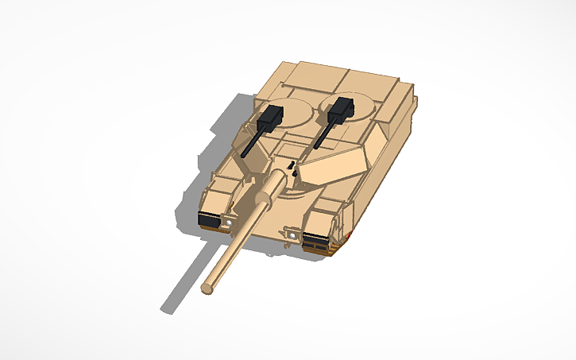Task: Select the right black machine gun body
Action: click(340, 108)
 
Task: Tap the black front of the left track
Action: click(211, 220)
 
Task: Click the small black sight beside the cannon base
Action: click(292, 168)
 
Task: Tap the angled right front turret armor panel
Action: click(334, 166)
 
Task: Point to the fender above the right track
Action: click(326, 215)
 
